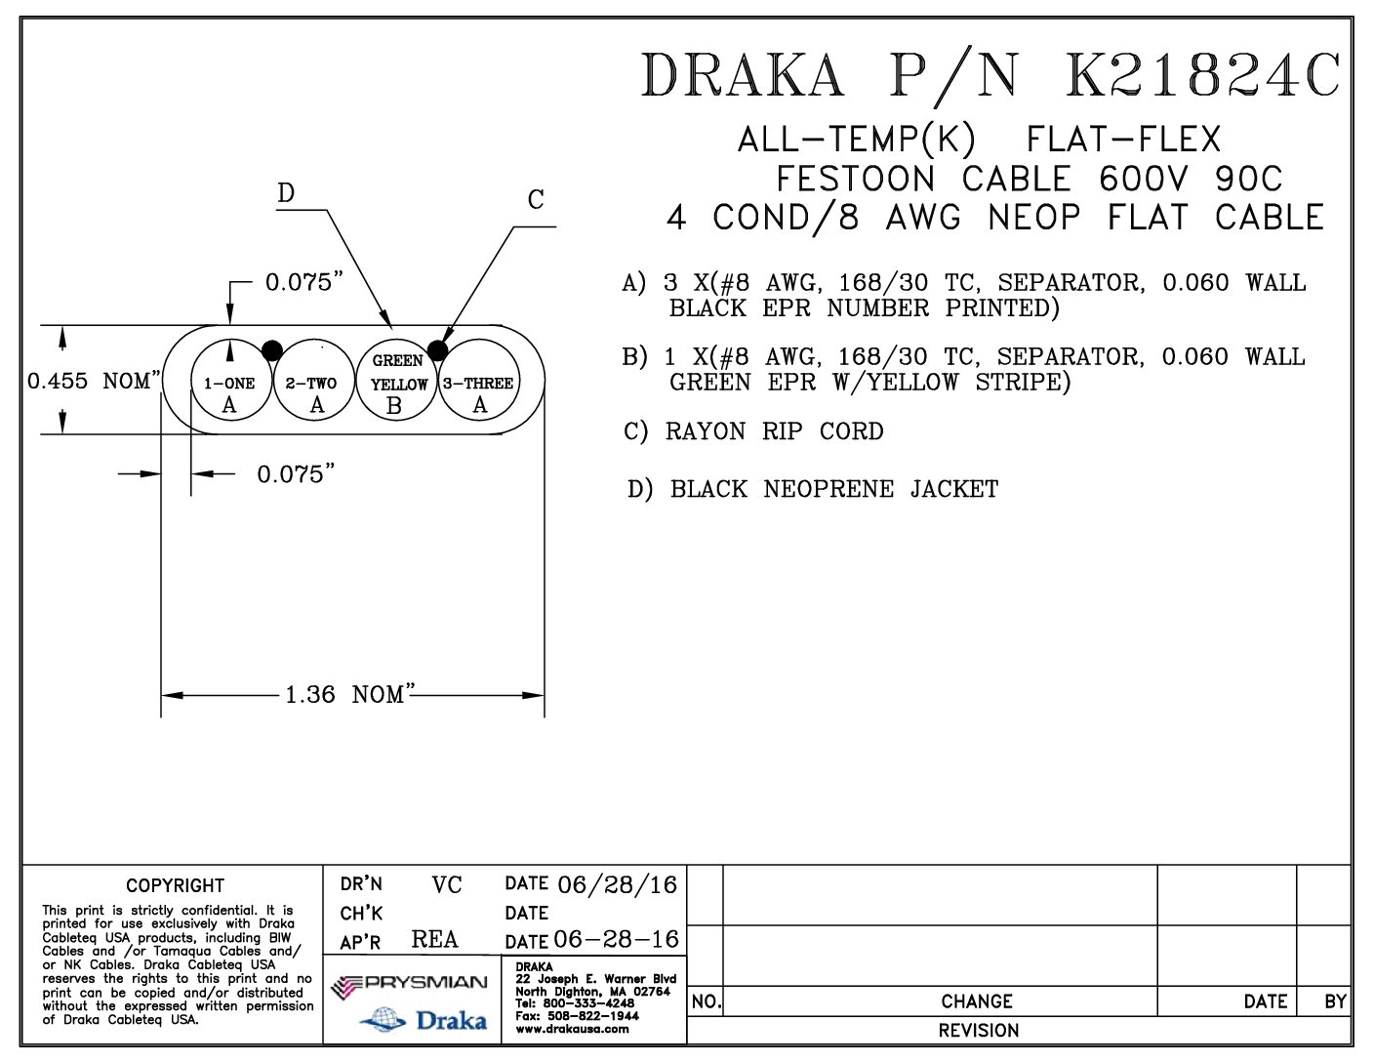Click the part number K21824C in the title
pos(1203,75)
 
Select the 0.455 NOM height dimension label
pos(92,381)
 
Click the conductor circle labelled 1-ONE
pos(229,387)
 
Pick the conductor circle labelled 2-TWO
pos(313,387)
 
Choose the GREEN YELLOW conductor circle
pos(398,387)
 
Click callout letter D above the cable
pos(285,193)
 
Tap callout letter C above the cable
pos(536,200)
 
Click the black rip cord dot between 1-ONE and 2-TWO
pos(272,350)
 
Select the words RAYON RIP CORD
pos(774,431)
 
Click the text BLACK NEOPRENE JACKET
pos(834,489)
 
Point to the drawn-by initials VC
pos(446,885)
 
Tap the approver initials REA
pos(434,939)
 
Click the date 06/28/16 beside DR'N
pos(617,885)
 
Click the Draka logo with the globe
pos(424,1021)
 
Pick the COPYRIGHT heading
pos(175,885)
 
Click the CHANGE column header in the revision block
pos(977,1001)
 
